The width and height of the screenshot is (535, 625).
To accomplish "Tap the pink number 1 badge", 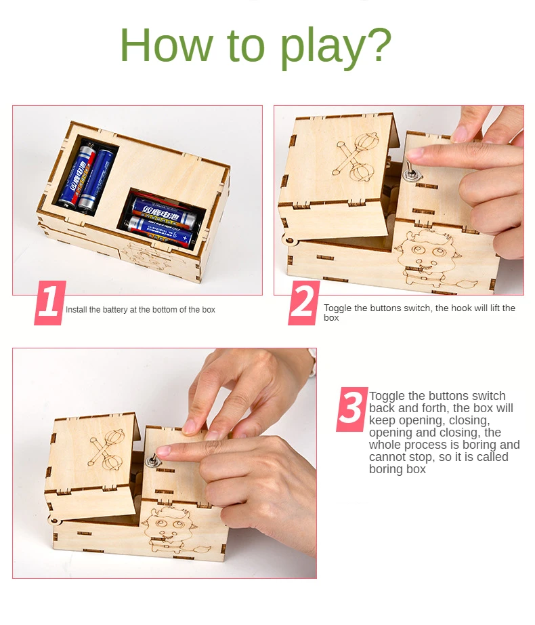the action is point(50,303).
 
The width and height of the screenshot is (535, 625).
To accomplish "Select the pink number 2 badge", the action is point(303,303).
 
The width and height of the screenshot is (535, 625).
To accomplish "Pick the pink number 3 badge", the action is point(352,409).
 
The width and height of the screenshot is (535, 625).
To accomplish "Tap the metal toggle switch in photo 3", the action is point(152,460).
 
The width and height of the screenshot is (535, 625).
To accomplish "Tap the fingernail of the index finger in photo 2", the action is point(415,153).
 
